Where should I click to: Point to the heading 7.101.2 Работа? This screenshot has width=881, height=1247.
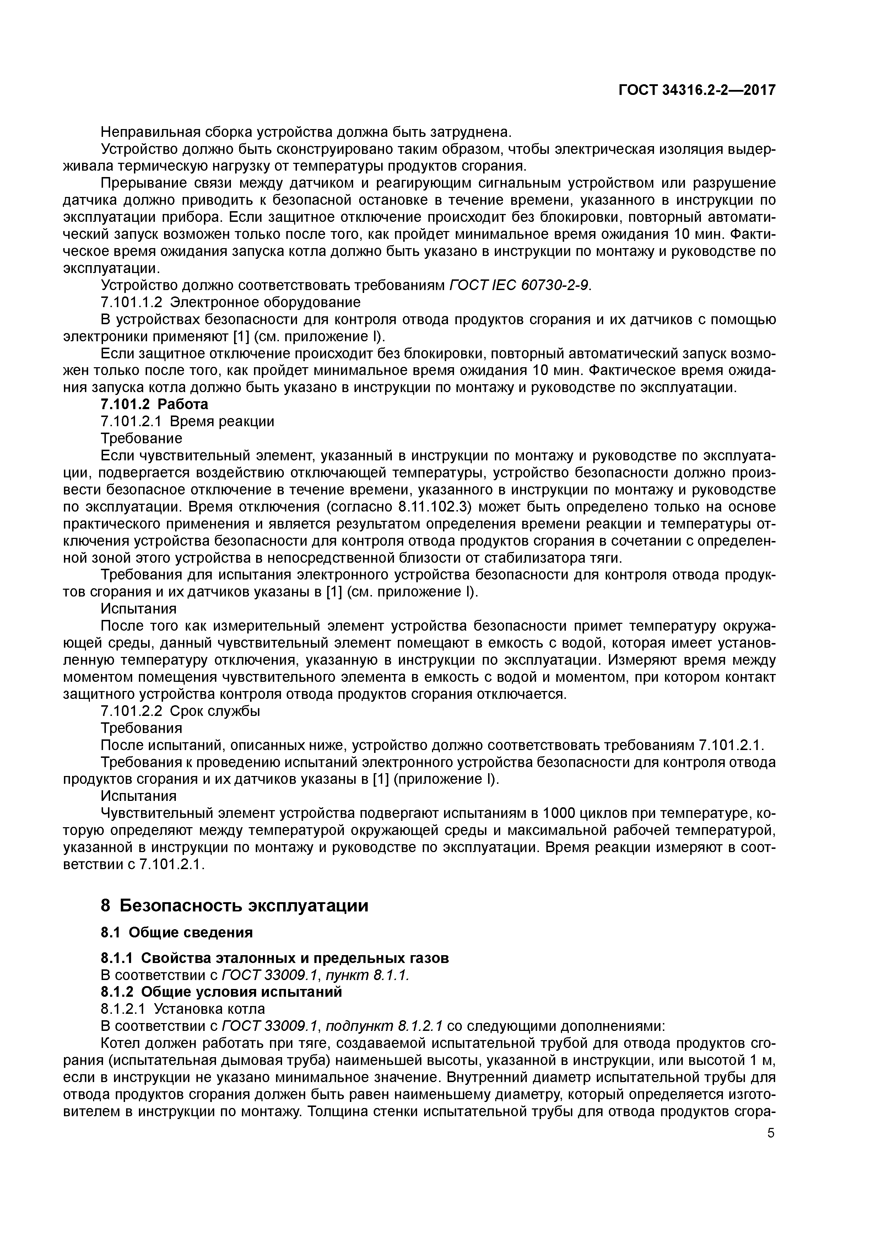point(155,404)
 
